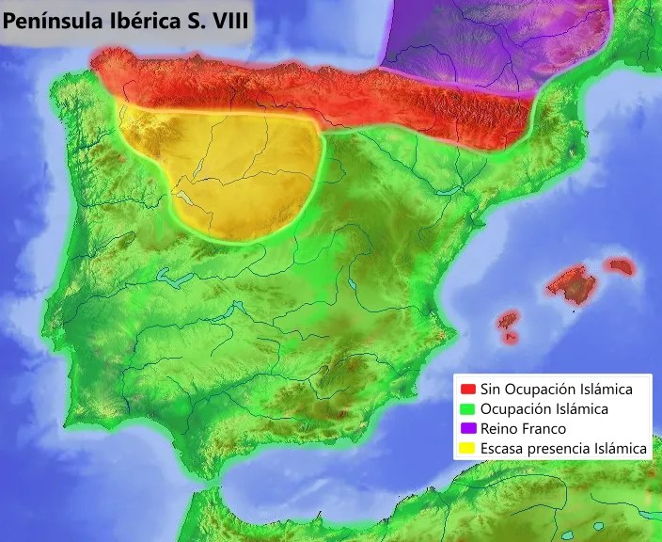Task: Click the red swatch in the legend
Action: (x=467, y=389)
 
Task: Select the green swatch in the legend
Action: (x=467, y=409)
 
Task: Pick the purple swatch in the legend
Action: (x=467, y=429)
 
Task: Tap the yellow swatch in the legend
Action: (x=467, y=450)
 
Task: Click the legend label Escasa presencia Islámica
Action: (x=563, y=450)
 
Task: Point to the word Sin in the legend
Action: (x=490, y=389)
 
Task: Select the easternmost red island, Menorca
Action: (x=620, y=266)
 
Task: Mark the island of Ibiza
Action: (x=509, y=319)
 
